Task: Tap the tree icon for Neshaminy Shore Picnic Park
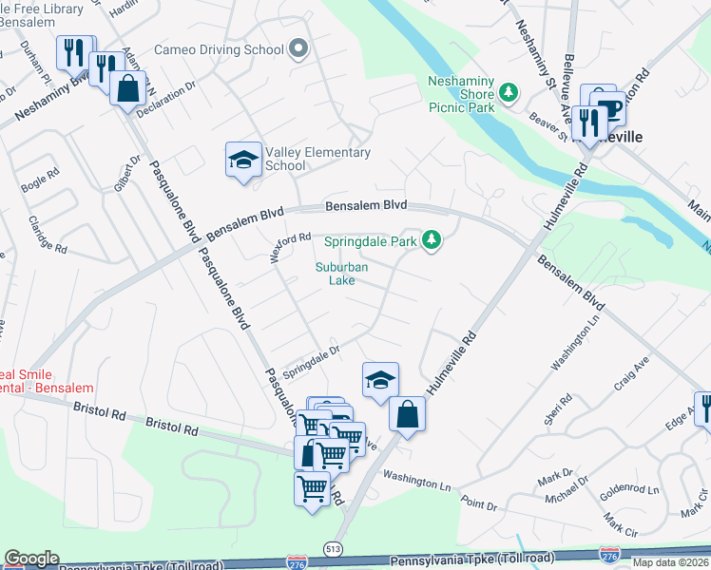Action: pyautogui.click(x=509, y=92)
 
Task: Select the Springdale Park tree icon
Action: pyautogui.click(x=432, y=240)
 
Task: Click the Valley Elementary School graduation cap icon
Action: pyautogui.click(x=242, y=159)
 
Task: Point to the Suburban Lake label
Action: pyautogui.click(x=341, y=274)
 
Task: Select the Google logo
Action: pyautogui.click(x=30, y=559)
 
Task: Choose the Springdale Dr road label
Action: pyautogui.click(x=312, y=353)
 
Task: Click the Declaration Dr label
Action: pyautogui.click(x=164, y=98)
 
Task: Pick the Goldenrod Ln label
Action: pyautogui.click(x=626, y=490)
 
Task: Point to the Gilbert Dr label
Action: pyautogui.click(x=122, y=176)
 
